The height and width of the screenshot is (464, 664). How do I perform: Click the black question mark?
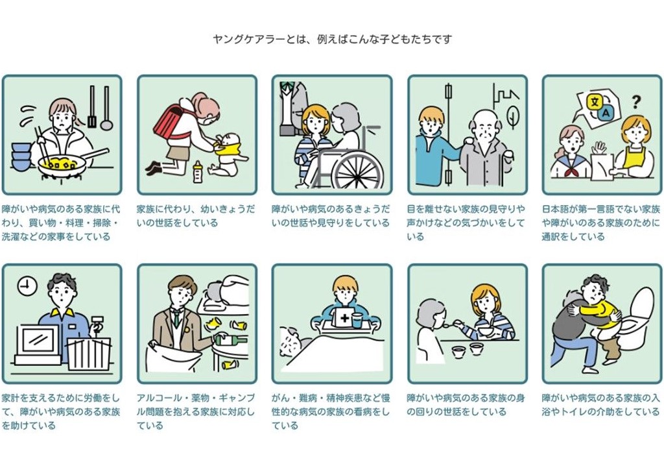pyautogui.click(x=636, y=101)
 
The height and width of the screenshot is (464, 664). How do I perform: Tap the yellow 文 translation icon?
pyautogui.click(x=593, y=101)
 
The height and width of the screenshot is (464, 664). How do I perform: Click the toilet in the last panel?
pyautogui.click(x=639, y=318)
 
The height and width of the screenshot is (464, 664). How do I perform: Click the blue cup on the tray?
pyautogui.click(x=357, y=320)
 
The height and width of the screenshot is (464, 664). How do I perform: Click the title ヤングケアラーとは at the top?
pyautogui.click(x=332, y=39)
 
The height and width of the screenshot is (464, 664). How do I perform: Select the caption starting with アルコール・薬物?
pyautogui.click(x=196, y=411)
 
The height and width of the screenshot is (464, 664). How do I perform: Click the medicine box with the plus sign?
pyautogui.click(x=340, y=318)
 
